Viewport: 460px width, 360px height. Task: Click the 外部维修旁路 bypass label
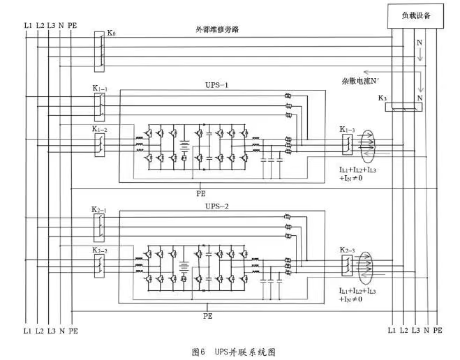pos(220,29)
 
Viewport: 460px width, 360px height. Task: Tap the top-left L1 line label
pos(27,25)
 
